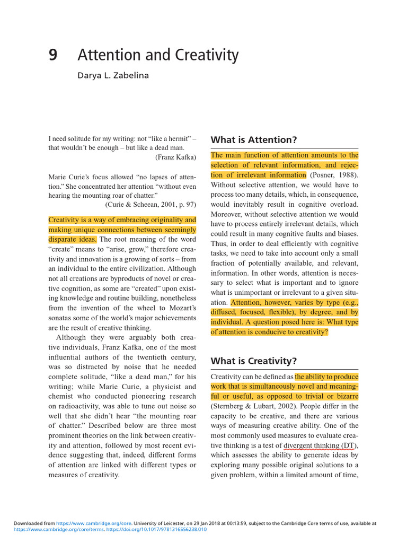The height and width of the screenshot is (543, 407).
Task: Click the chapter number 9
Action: tap(52, 56)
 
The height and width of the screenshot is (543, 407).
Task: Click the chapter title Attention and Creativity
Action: tap(158, 55)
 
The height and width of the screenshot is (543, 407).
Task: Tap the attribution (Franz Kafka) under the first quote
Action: tap(175, 157)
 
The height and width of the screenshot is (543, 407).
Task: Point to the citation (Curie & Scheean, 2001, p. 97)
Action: tap(151, 204)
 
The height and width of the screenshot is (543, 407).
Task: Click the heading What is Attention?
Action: tap(254, 140)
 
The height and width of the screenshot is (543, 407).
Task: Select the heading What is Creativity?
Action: tap(254, 361)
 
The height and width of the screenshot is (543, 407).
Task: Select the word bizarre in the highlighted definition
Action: tap(344, 396)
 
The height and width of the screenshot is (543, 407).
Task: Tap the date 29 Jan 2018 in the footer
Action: tap(217, 523)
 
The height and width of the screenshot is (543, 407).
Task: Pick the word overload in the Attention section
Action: tap(343, 204)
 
